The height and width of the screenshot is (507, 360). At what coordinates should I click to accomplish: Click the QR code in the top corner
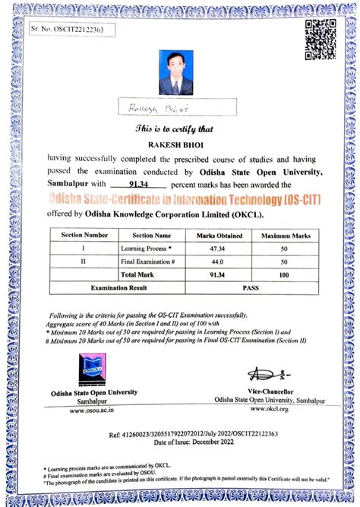click(320, 40)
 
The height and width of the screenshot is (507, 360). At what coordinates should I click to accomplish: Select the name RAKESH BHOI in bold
click(180, 144)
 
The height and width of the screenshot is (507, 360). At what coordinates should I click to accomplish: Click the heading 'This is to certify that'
click(180, 128)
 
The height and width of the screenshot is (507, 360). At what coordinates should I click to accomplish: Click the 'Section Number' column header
click(85, 236)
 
